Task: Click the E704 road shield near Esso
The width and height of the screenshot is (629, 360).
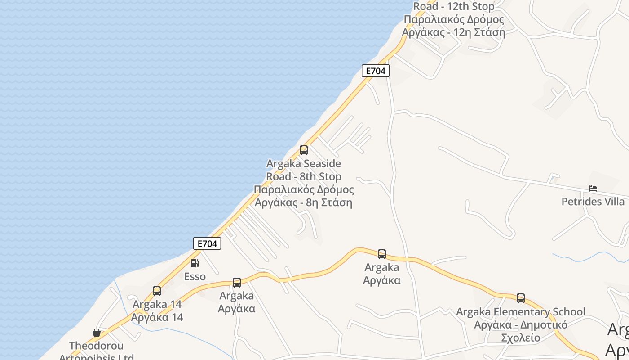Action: pyautogui.click(x=207, y=243)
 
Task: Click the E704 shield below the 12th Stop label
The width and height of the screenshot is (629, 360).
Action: pyautogui.click(x=375, y=71)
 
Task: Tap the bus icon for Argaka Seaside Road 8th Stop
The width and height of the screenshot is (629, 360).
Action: pyautogui.click(x=304, y=150)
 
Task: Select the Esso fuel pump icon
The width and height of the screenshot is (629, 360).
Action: pyautogui.click(x=195, y=263)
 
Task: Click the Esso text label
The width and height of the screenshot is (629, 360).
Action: pyautogui.click(x=195, y=276)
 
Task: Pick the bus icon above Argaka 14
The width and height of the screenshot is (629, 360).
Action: pyautogui.click(x=157, y=291)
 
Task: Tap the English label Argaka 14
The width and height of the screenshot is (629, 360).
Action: pyautogui.click(x=157, y=304)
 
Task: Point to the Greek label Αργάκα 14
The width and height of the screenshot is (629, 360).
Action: pyautogui.click(x=157, y=317)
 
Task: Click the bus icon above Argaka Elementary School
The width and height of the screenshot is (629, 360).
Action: pyautogui.click(x=521, y=298)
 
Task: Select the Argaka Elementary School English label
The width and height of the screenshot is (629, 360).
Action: pyautogui.click(x=521, y=311)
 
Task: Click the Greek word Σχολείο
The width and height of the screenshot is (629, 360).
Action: pyautogui.click(x=521, y=337)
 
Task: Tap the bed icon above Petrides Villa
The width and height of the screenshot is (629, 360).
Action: pyautogui.click(x=593, y=189)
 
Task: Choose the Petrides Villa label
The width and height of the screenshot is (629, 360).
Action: pyautogui.click(x=593, y=202)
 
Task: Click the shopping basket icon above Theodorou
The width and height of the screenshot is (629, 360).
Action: pyautogui.click(x=97, y=333)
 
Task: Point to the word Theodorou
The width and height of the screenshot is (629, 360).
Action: pyautogui.click(x=97, y=346)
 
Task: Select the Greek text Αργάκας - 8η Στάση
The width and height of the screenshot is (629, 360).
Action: pyautogui.click(x=304, y=202)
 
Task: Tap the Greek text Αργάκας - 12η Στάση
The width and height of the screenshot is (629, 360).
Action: pyautogui.click(x=454, y=32)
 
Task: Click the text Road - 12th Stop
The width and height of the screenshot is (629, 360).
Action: pyautogui.click(x=454, y=6)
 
